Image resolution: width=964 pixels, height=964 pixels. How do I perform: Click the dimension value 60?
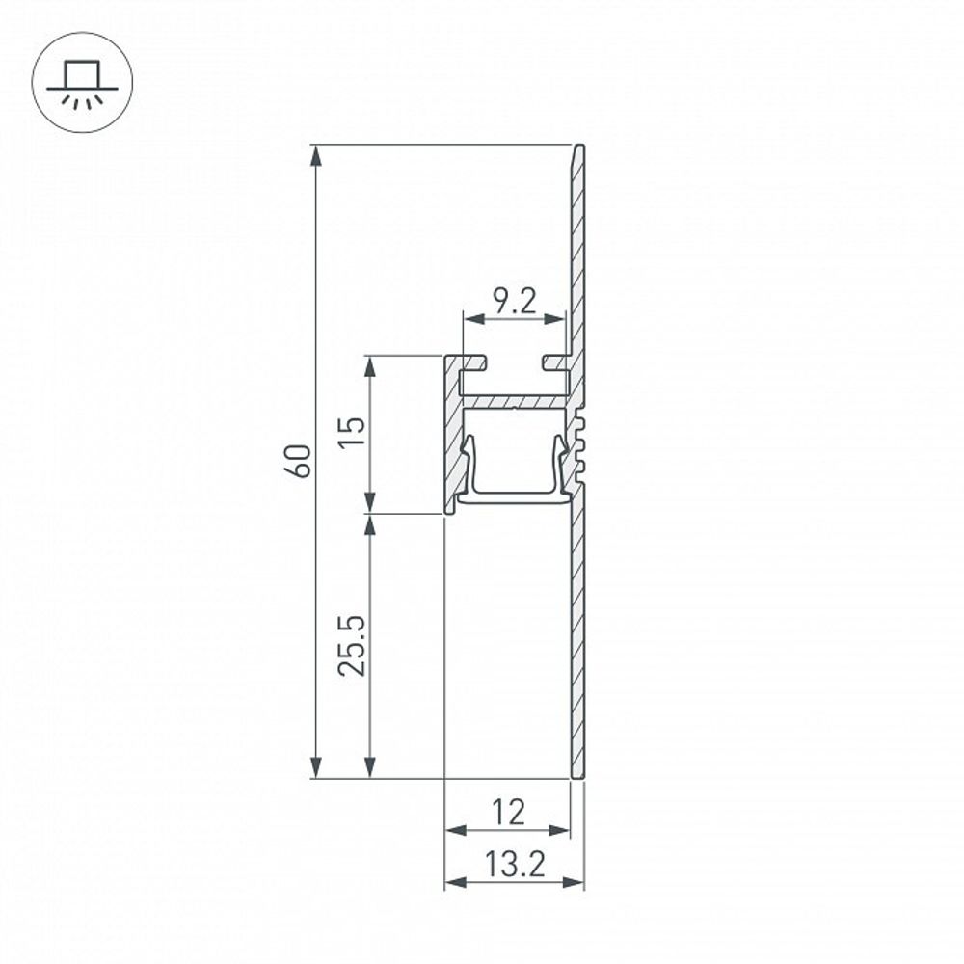pyautogui.click(x=301, y=461)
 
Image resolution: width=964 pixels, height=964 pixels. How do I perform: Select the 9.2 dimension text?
pyautogui.click(x=514, y=303)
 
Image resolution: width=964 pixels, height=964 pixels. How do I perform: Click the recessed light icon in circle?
pyautogui.click(x=75, y=85)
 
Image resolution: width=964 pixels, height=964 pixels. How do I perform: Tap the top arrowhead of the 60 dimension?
pyautogui.click(x=314, y=154)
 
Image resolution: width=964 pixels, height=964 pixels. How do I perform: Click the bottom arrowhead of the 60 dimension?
pyautogui.click(x=314, y=768)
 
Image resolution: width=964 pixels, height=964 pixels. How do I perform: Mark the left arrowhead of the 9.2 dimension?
pyautogui.click(x=471, y=319)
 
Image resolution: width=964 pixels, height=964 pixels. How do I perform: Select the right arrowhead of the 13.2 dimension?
pyautogui.click(x=576, y=882)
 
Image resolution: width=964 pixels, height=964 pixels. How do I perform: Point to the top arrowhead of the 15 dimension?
pyautogui.click(x=369, y=365)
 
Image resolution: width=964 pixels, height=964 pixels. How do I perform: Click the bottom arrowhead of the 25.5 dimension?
pyautogui.click(x=369, y=768)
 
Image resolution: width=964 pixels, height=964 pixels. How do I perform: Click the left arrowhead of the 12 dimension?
pyautogui.click(x=453, y=830)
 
